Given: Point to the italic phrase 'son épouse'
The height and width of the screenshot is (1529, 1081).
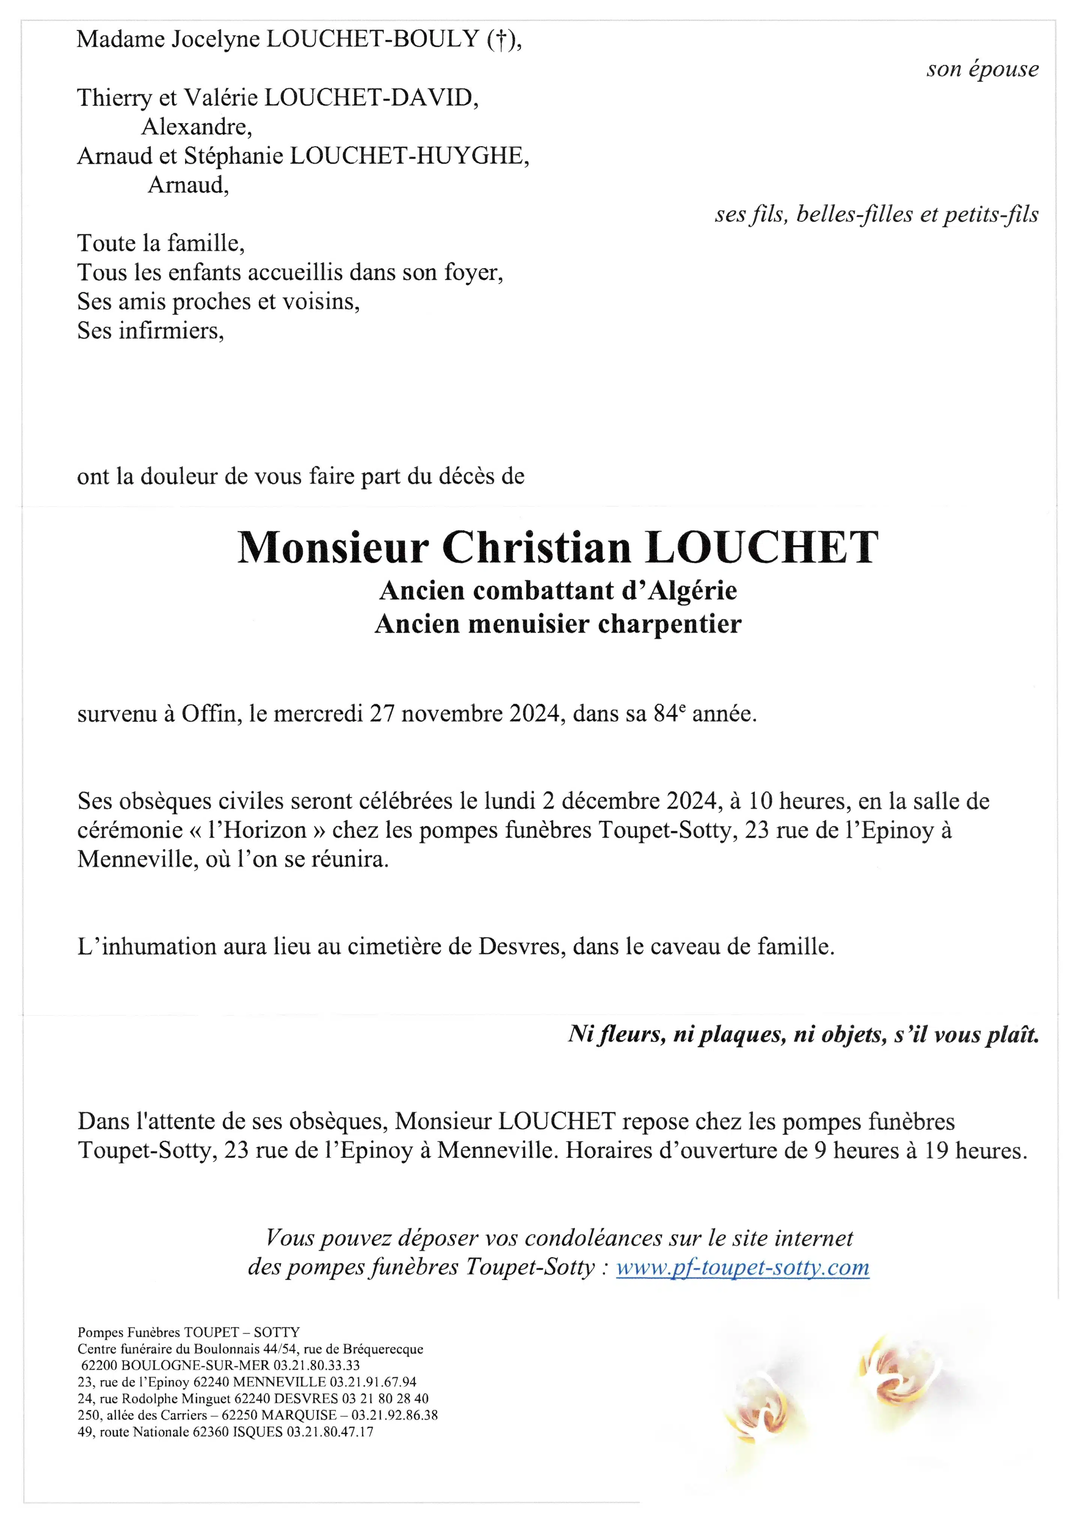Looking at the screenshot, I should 982,69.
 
